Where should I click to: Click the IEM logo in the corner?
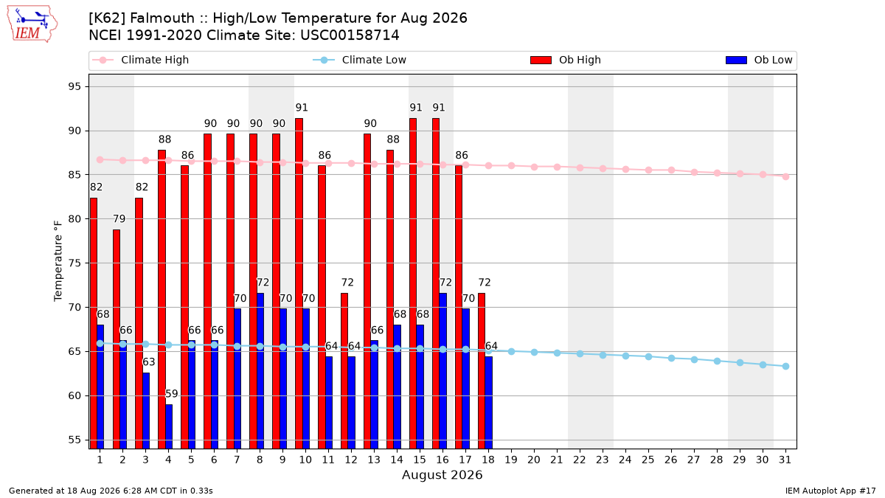click(x=32, y=24)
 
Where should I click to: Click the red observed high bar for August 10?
click(x=299, y=283)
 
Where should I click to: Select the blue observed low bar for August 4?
click(x=169, y=426)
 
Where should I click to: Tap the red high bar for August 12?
click(x=344, y=371)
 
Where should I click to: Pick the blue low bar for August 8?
click(x=260, y=371)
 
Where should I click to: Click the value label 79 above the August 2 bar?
click(x=119, y=218)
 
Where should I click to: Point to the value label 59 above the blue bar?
click(x=171, y=394)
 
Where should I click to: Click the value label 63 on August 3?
click(x=148, y=362)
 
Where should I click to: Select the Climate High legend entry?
click(x=140, y=60)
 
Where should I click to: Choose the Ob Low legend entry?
click(x=759, y=60)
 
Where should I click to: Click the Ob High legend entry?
click(x=566, y=60)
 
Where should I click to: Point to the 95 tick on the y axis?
click(x=74, y=86)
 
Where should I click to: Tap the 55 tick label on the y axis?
click(x=74, y=440)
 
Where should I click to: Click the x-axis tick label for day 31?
click(x=785, y=460)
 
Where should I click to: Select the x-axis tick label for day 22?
click(x=580, y=460)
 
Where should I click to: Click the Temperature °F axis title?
click(x=58, y=261)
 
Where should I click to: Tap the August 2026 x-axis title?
click(x=442, y=474)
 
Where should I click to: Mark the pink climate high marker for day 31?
click(x=786, y=176)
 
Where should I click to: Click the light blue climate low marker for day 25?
click(x=648, y=356)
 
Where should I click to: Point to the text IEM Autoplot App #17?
click(x=830, y=491)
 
